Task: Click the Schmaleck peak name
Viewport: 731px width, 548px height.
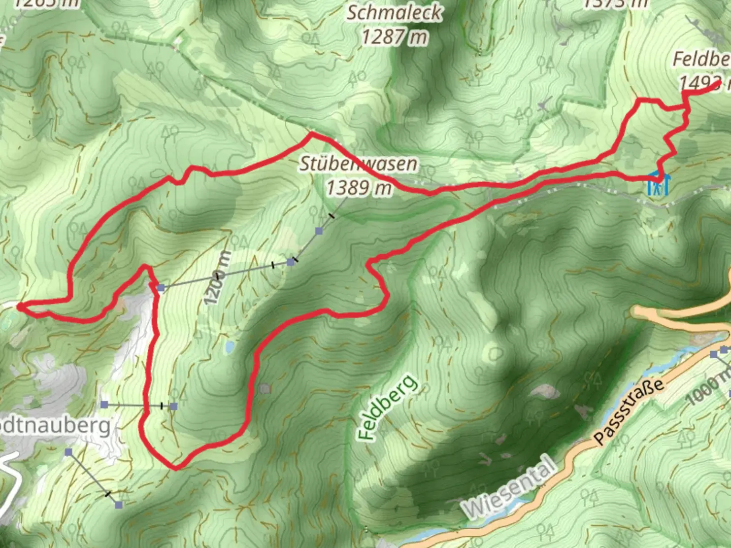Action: click(x=394, y=13)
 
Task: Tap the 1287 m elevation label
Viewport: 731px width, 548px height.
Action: click(x=394, y=37)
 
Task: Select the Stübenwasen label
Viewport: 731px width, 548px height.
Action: click(x=358, y=164)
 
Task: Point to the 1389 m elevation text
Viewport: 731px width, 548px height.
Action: click(x=358, y=188)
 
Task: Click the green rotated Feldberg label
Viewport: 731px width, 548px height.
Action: click(x=387, y=407)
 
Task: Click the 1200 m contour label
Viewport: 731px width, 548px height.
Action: click(x=218, y=278)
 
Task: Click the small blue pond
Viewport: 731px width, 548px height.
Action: click(x=230, y=347)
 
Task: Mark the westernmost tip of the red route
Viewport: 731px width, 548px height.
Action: click(x=18, y=306)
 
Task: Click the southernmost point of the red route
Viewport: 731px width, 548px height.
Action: click(x=175, y=468)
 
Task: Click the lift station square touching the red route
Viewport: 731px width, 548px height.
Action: click(x=161, y=288)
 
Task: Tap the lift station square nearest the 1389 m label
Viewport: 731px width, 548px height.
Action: click(x=319, y=231)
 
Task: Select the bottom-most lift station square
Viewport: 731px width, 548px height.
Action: click(x=119, y=505)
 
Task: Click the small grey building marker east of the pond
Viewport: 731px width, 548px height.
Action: click(x=264, y=389)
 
